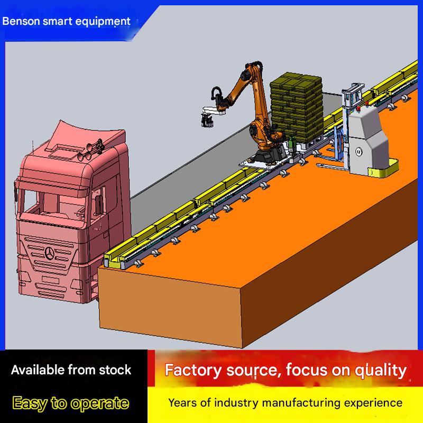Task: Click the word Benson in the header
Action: (x=20, y=22)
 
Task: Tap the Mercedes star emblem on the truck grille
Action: (x=50, y=255)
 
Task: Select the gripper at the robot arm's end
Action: (x=206, y=119)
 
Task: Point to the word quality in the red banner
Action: (x=379, y=370)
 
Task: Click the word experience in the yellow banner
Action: (x=373, y=403)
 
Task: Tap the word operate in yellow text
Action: (x=97, y=403)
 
